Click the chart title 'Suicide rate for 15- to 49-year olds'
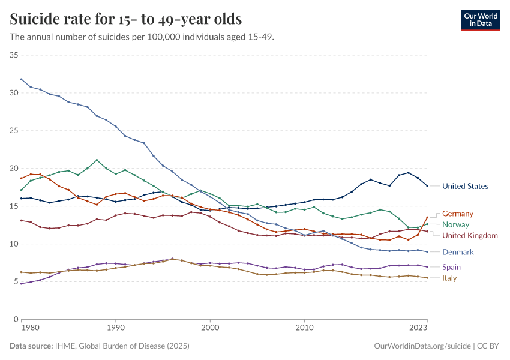[126, 19]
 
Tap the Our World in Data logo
[481, 19]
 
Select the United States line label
[465, 186]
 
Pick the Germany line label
[458, 214]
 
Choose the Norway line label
[456, 224]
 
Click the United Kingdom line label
[470, 236]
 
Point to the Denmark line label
[458, 252]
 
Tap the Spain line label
[452, 267]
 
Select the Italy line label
[450, 278]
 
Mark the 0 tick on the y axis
[16, 319]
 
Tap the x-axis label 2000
[210, 329]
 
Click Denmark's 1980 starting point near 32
[21, 79]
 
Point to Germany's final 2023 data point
[427, 218]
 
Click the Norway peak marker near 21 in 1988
[97, 160]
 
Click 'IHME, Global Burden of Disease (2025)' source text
[123, 346]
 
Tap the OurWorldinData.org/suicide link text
[422, 346]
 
